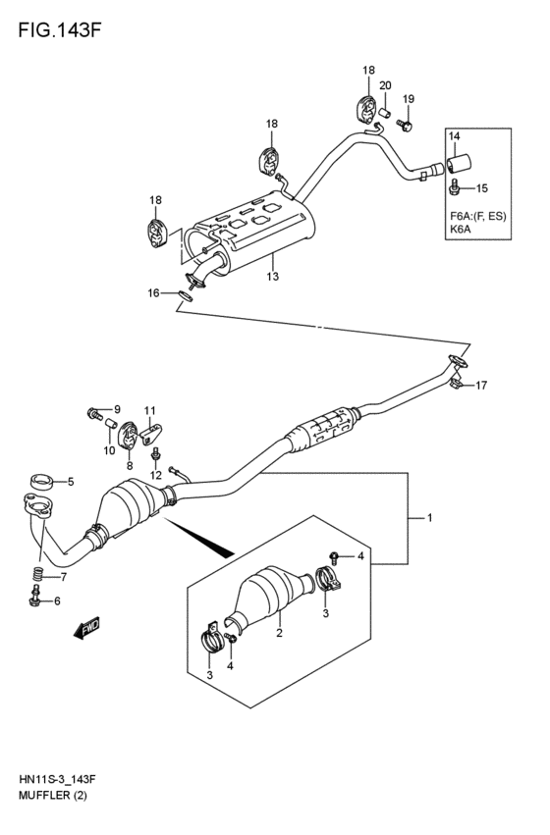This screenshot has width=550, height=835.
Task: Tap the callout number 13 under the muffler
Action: pyautogui.click(x=272, y=277)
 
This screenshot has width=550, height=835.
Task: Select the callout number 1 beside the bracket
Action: pyautogui.click(x=427, y=517)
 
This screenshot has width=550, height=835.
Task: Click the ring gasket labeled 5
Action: pyautogui.click(x=40, y=482)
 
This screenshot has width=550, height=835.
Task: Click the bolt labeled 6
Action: pyautogui.click(x=35, y=599)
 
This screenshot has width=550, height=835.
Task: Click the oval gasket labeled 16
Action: pyautogui.click(x=185, y=293)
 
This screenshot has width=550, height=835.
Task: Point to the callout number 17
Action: pyautogui.click(x=482, y=386)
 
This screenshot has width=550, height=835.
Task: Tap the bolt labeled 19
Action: pyautogui.click(x=408, y=125)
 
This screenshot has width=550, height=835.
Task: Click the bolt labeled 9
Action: pyautogui.click(x=96, y=413)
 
